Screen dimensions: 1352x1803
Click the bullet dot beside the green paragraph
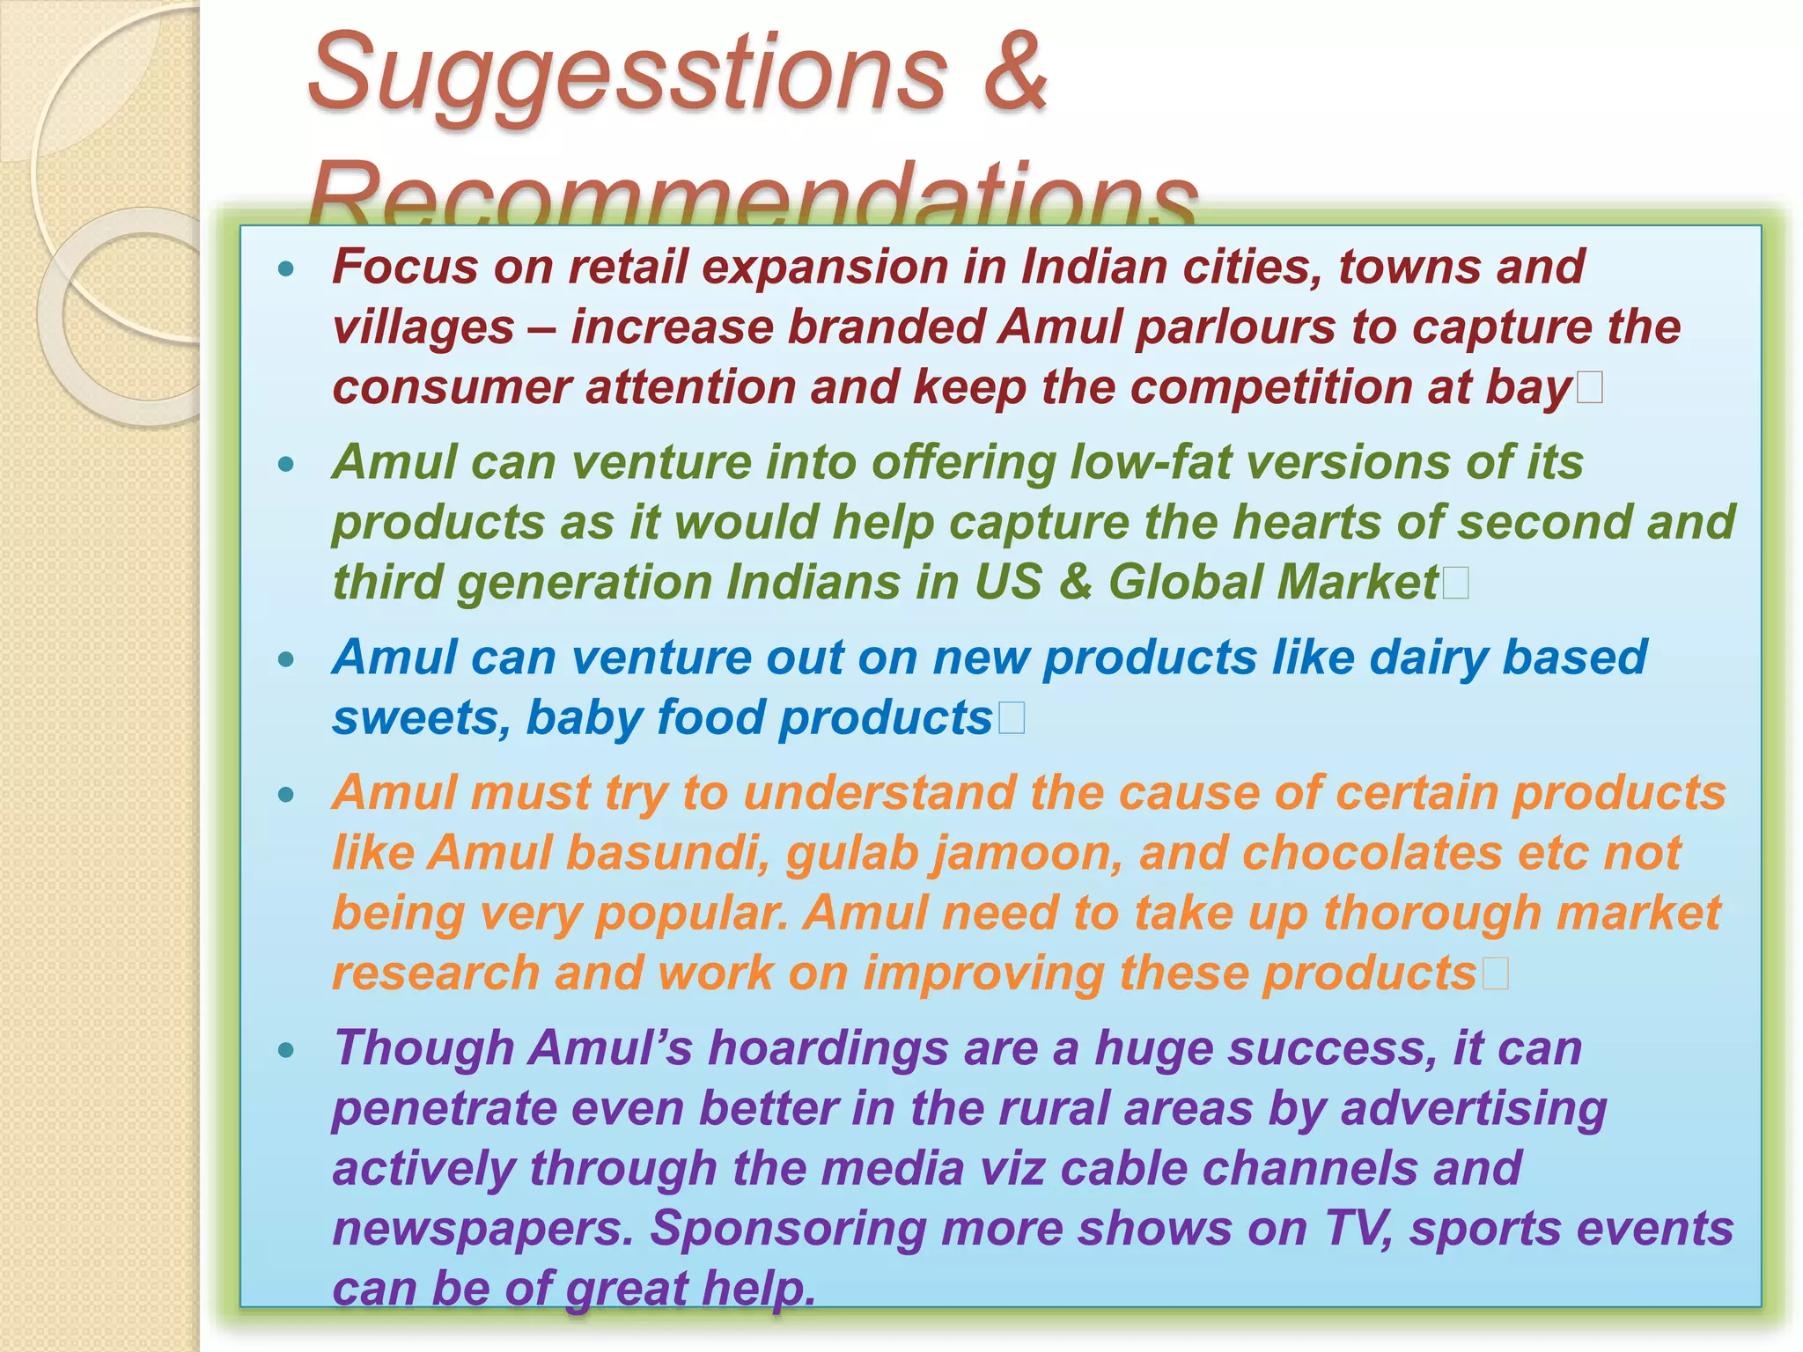tap(285, 464)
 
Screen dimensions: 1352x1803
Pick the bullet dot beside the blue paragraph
tap(285, 659)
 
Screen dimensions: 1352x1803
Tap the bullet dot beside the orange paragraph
tap(285, 795)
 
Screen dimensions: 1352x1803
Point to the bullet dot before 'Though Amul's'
tap(285, 1049)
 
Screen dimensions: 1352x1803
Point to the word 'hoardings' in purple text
tap(828, 1049)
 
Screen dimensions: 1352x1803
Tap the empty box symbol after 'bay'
tap(1590, 387)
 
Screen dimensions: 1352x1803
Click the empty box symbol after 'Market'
tap(1456, 583)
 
